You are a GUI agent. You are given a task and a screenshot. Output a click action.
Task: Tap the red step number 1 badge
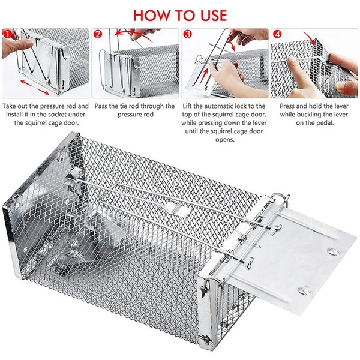7,34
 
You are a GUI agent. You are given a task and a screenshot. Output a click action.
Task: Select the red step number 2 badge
97,34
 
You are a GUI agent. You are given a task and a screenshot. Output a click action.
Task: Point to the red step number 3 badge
187,34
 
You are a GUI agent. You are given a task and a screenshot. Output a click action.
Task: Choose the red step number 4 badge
277,34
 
